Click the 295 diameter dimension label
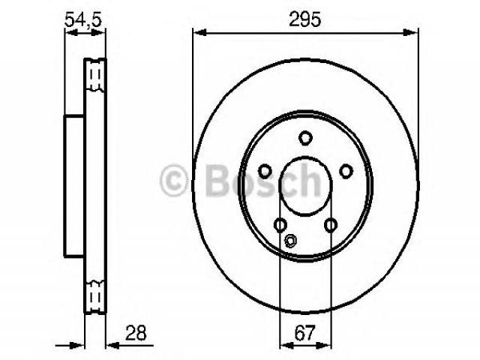305,19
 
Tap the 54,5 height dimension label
83,19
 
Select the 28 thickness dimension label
136,333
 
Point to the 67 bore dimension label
305,333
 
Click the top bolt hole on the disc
305,138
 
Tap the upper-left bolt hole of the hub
265,171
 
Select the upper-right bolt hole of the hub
346,171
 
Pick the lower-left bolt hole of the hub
280,225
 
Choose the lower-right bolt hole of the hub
331,225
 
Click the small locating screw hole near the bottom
290,240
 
